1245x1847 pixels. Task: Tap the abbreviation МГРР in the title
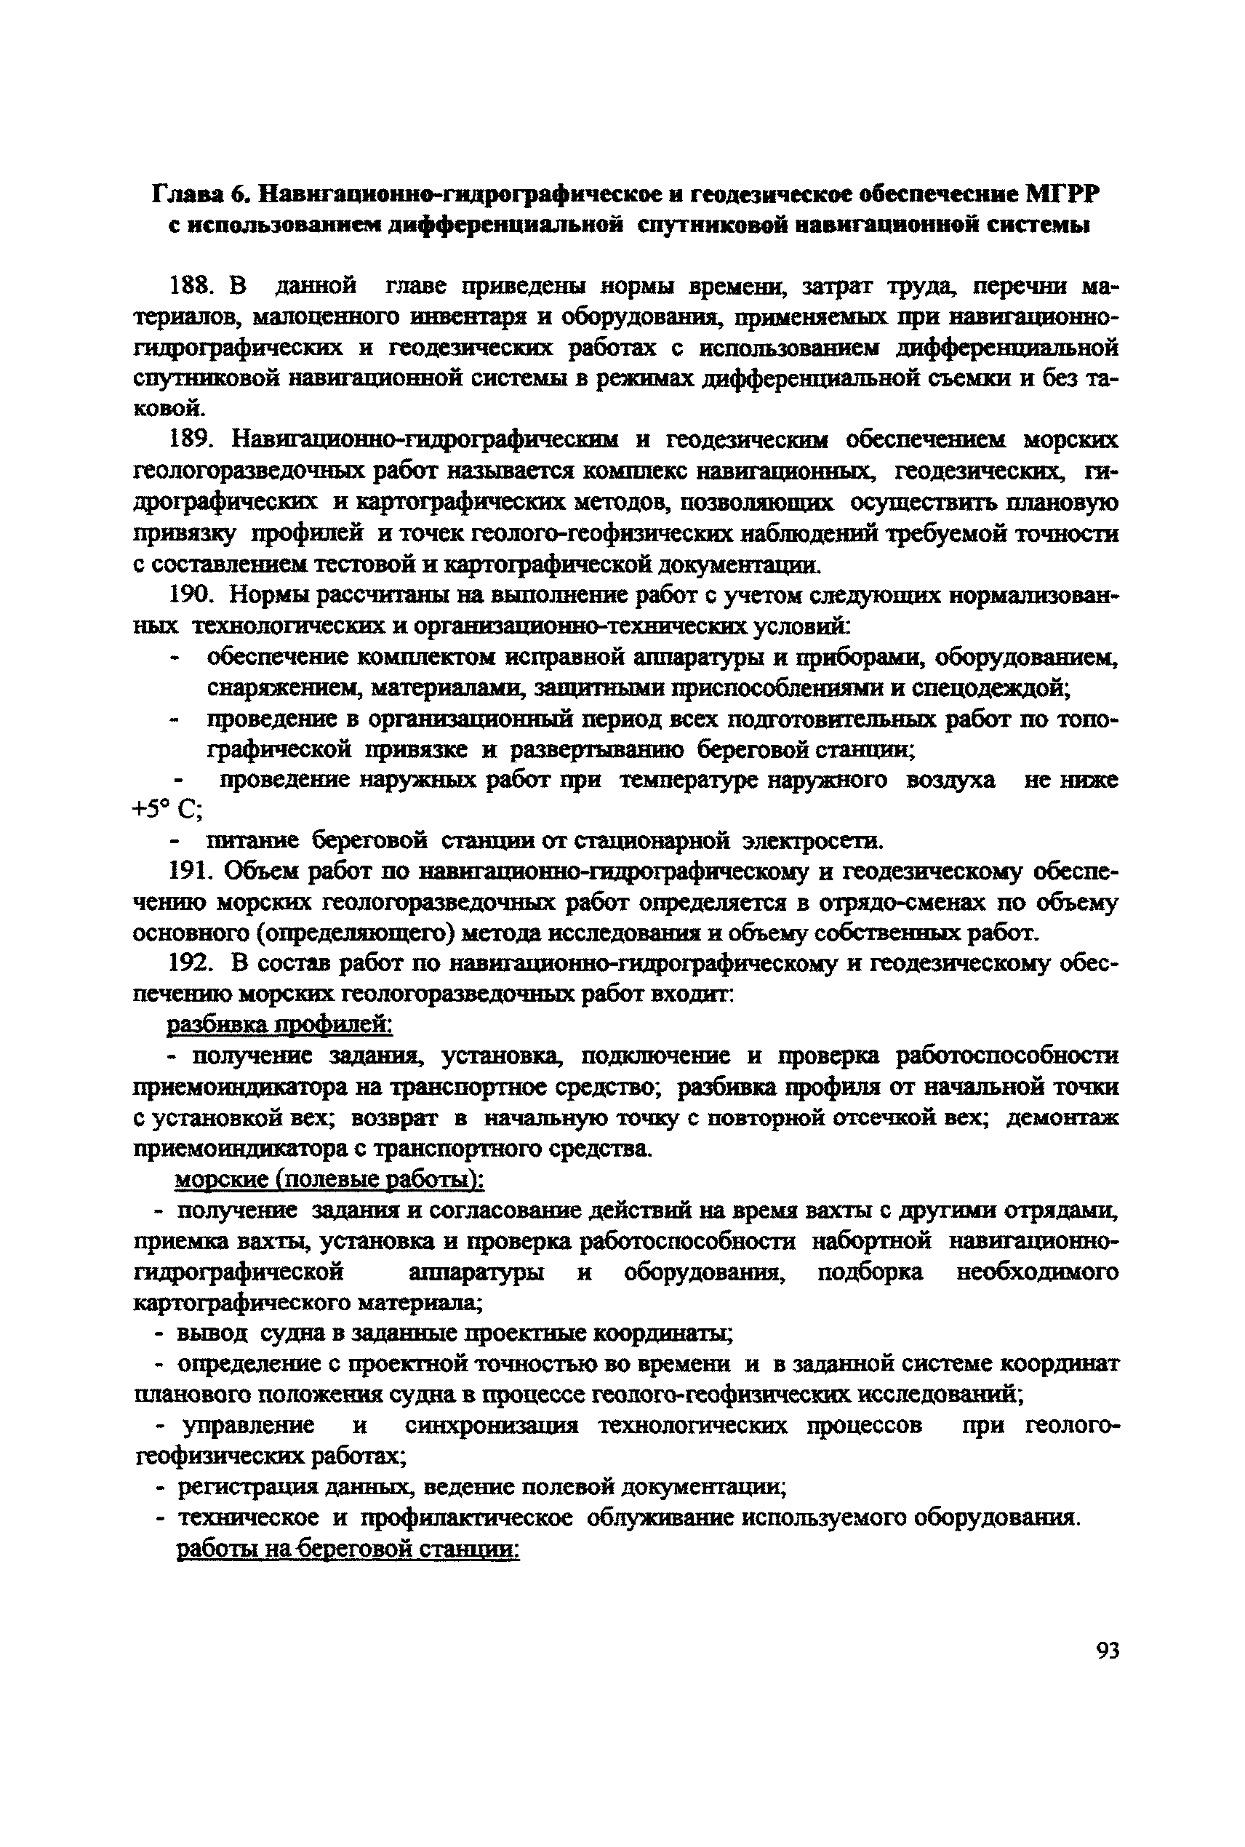click(x=1064, y=194)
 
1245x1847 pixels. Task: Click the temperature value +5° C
click(x=167, y=809)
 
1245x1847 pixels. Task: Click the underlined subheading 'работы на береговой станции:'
click(x=347, y=1549)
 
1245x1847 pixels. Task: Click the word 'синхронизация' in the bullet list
click(x=492, y=1425)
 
